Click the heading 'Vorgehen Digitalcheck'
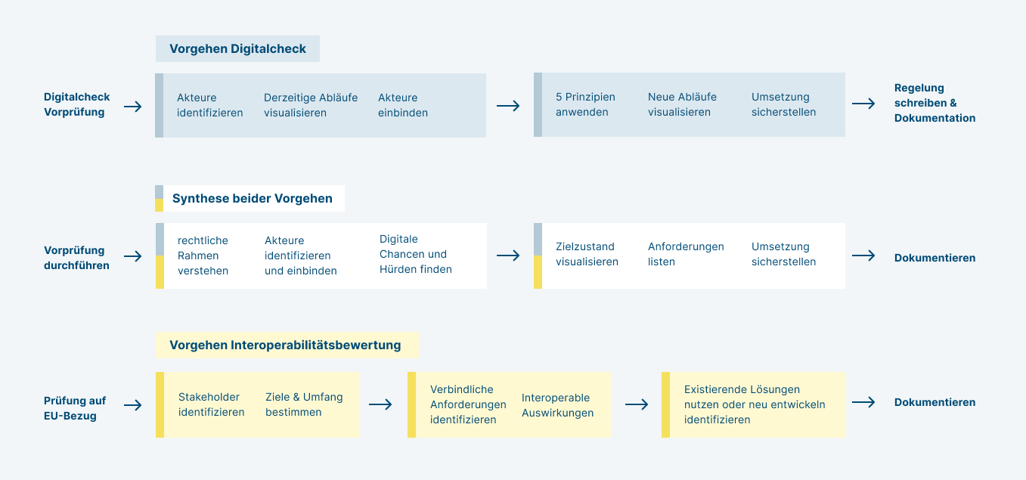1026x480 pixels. point(237,49)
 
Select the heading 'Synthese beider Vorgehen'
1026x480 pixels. point(252,199)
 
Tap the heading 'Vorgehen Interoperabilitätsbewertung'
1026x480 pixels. point(285,345)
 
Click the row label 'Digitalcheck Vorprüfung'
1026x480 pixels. point(76,104)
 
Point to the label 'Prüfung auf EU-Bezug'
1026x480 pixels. point(75,408)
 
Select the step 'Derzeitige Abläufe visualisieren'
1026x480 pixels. point(310,105)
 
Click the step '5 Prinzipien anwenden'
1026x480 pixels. point(585,104)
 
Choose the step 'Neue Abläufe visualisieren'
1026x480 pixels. point(682,104)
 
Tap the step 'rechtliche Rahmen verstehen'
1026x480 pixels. point(203,255)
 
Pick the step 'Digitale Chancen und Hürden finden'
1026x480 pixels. point(415,254)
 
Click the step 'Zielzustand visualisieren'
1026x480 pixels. point(587,254)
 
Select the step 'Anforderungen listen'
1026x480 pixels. point(686,254)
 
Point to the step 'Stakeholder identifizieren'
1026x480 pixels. point(211,404)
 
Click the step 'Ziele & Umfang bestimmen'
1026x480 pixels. point(304,404)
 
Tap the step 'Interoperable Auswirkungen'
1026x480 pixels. point(557,405)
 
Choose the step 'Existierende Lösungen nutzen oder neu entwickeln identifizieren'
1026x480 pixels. point(755,404)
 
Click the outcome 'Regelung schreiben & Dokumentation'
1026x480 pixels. point(935,103)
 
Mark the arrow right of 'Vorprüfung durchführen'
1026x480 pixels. point(133,256)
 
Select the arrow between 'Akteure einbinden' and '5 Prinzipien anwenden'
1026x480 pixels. point(508,106)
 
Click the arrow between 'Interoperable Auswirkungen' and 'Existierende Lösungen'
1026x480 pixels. point(637,404)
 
